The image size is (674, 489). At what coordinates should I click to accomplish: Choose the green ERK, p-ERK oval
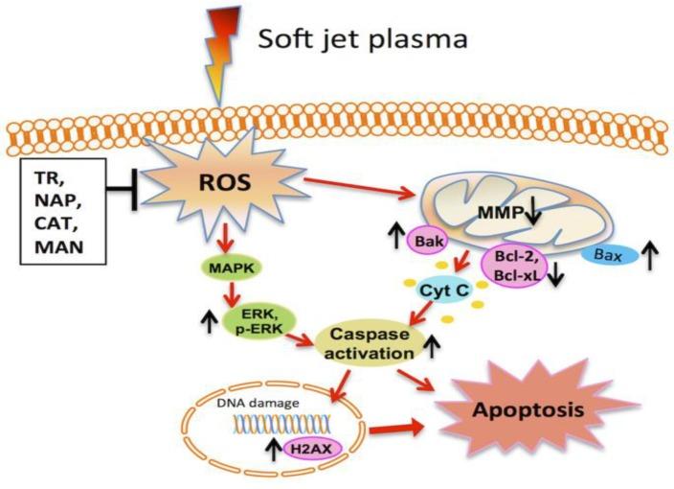(x=260, y=319)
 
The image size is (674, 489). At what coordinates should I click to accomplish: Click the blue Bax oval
(x=609, y=256)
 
